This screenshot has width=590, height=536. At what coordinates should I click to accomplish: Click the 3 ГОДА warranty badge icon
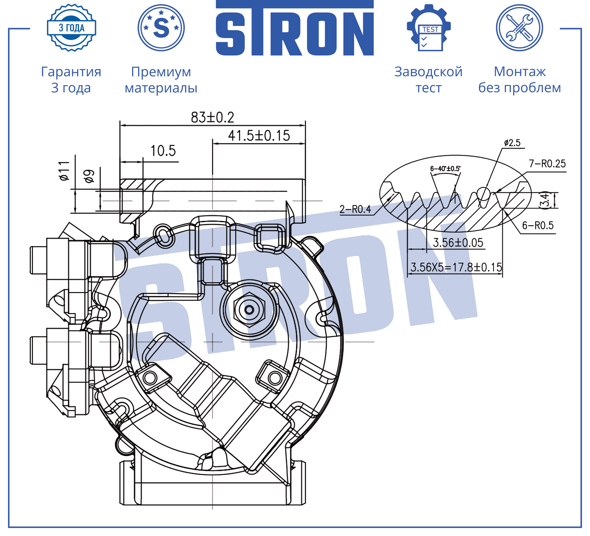tap(72, 28)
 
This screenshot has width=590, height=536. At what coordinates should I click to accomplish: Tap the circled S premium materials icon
tap(161, 28)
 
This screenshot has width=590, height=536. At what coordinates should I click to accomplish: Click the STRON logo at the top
tap(295, 28)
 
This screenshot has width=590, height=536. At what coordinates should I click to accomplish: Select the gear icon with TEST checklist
tap(429, 28)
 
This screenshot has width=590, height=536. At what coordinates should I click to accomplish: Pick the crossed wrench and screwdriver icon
tap(520, 28)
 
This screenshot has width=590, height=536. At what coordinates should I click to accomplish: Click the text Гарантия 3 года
tap(71, 80)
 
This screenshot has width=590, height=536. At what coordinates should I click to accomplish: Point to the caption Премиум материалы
tap(161, 80)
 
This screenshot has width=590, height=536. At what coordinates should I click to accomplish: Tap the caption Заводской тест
tap(428, 80)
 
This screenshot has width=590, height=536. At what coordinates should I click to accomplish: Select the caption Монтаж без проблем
tap(520, 80)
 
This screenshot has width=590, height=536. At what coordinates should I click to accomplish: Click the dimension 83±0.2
tap(212, 117)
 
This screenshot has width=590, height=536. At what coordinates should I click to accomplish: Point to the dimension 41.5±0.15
tap(259, 136)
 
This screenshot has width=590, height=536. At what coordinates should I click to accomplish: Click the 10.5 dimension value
tap(163, 151)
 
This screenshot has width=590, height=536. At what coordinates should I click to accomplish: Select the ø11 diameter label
tap(65, 171)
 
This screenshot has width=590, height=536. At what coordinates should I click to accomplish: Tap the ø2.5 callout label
tap(512, 143)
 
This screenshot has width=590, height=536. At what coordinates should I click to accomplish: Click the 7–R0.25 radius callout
tap(547, 164)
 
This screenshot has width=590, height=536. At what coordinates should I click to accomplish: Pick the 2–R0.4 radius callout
tap(355, 209)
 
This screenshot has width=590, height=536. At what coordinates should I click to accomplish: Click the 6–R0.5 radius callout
tap(538, 225)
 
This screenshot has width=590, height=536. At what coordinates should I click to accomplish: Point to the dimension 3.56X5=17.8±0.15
tap(456, 267)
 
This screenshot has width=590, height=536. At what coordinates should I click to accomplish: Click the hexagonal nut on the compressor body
tap(249, 310)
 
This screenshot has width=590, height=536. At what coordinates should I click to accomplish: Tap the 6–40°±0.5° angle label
tap(445, 169)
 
